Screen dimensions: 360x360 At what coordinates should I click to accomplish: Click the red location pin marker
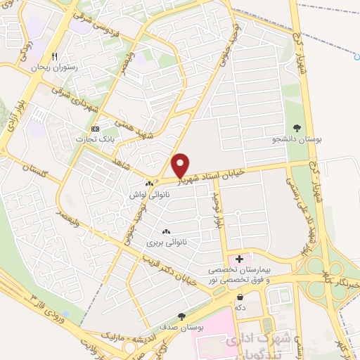181,165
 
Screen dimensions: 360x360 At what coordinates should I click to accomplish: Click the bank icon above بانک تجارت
96,129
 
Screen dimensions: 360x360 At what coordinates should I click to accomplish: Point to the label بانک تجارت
98,139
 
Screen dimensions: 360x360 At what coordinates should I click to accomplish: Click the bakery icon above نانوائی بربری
167,232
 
